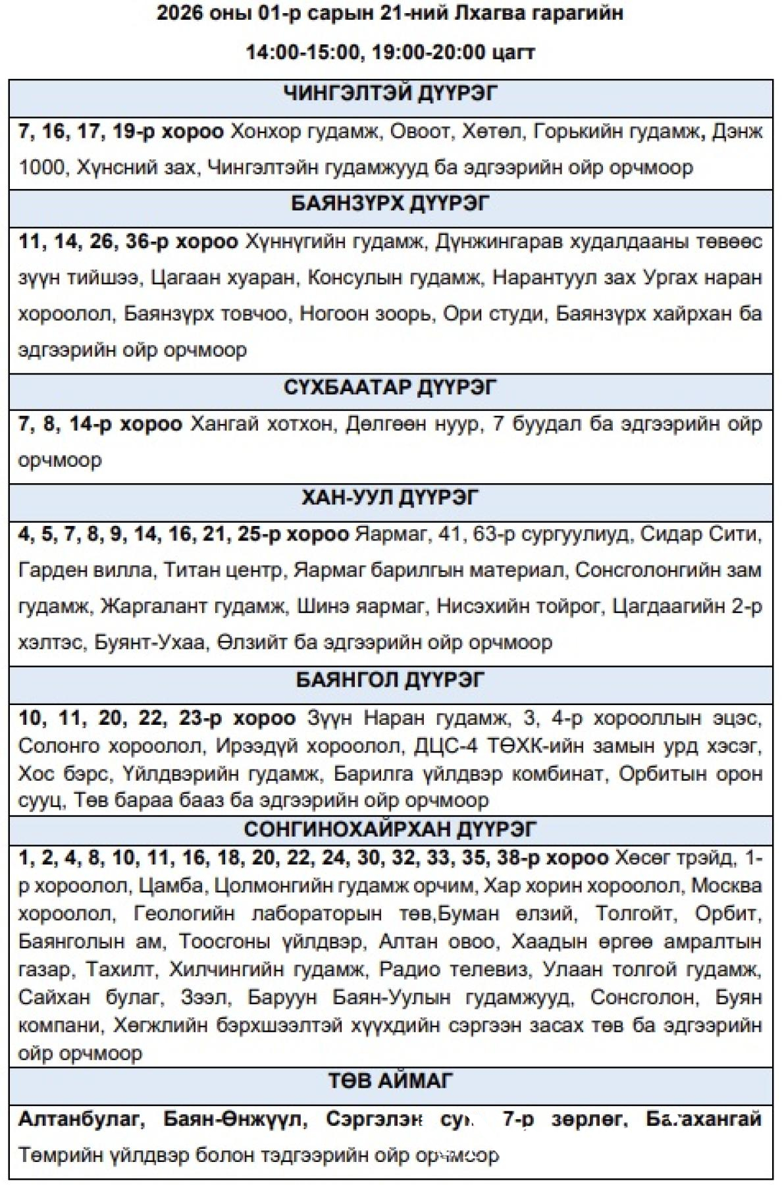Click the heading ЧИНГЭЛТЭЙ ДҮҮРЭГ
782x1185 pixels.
click(x=390, y=94)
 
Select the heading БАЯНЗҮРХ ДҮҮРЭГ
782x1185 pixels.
click(x=390, y=204)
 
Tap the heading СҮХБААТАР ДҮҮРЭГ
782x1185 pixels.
click(x=390, y=387)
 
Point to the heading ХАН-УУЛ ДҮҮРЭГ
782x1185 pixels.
click(x=390, y=498)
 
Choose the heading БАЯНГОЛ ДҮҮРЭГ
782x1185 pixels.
click(x=390, y=680)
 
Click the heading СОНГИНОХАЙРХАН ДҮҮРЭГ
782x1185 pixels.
click(x=390, y=829)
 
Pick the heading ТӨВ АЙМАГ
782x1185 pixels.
click(x=390, y=1081)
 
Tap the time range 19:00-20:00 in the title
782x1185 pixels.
click(x=429, y=52)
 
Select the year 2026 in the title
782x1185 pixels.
click(x=180, y=14)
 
